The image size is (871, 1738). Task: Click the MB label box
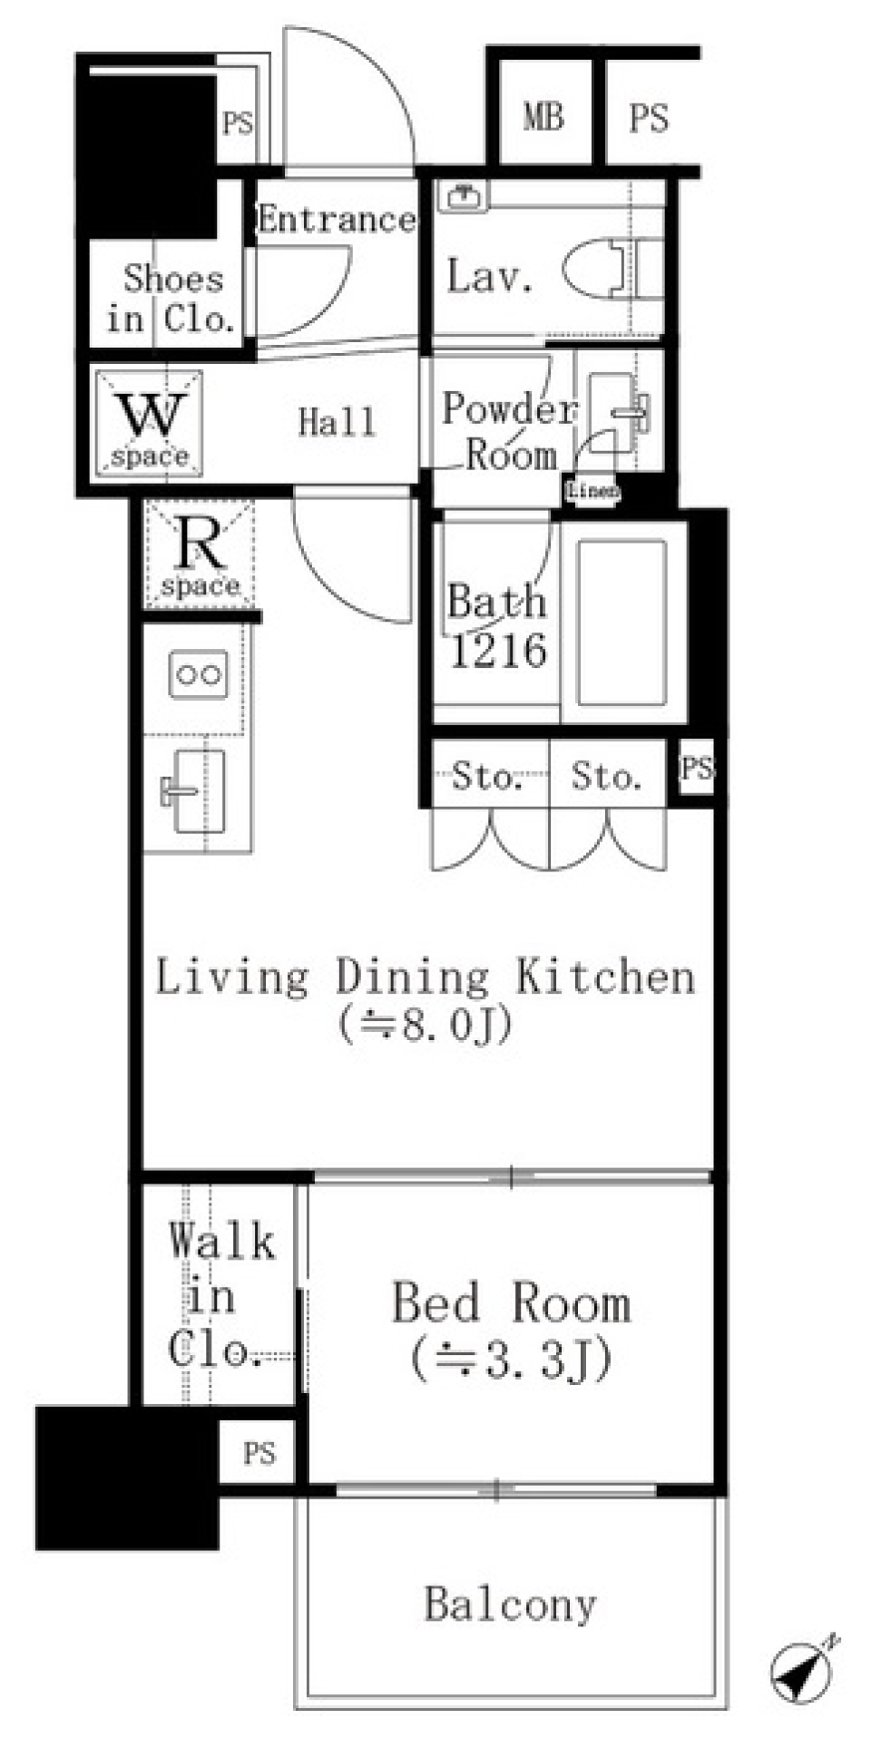(543, 117)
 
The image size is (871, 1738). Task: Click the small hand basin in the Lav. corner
(464, 194)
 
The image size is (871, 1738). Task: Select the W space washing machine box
(149, 423)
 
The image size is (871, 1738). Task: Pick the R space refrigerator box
(200, 555)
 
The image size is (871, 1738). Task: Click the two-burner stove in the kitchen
(199, 674)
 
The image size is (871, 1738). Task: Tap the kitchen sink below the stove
(195, 790)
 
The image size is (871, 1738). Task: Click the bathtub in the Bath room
(621, 623)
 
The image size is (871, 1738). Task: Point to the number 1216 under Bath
(498, 651)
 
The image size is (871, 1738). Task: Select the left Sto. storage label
(486, 776)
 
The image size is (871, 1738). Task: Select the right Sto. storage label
(606, 776)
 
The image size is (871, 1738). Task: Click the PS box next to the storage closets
(697, 769)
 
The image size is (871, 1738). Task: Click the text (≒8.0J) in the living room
(426, 1025)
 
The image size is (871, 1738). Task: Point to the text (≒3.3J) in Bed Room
(511, 1359)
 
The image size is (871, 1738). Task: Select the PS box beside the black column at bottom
(259, 1453)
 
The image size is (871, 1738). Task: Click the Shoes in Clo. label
(171, 298)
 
